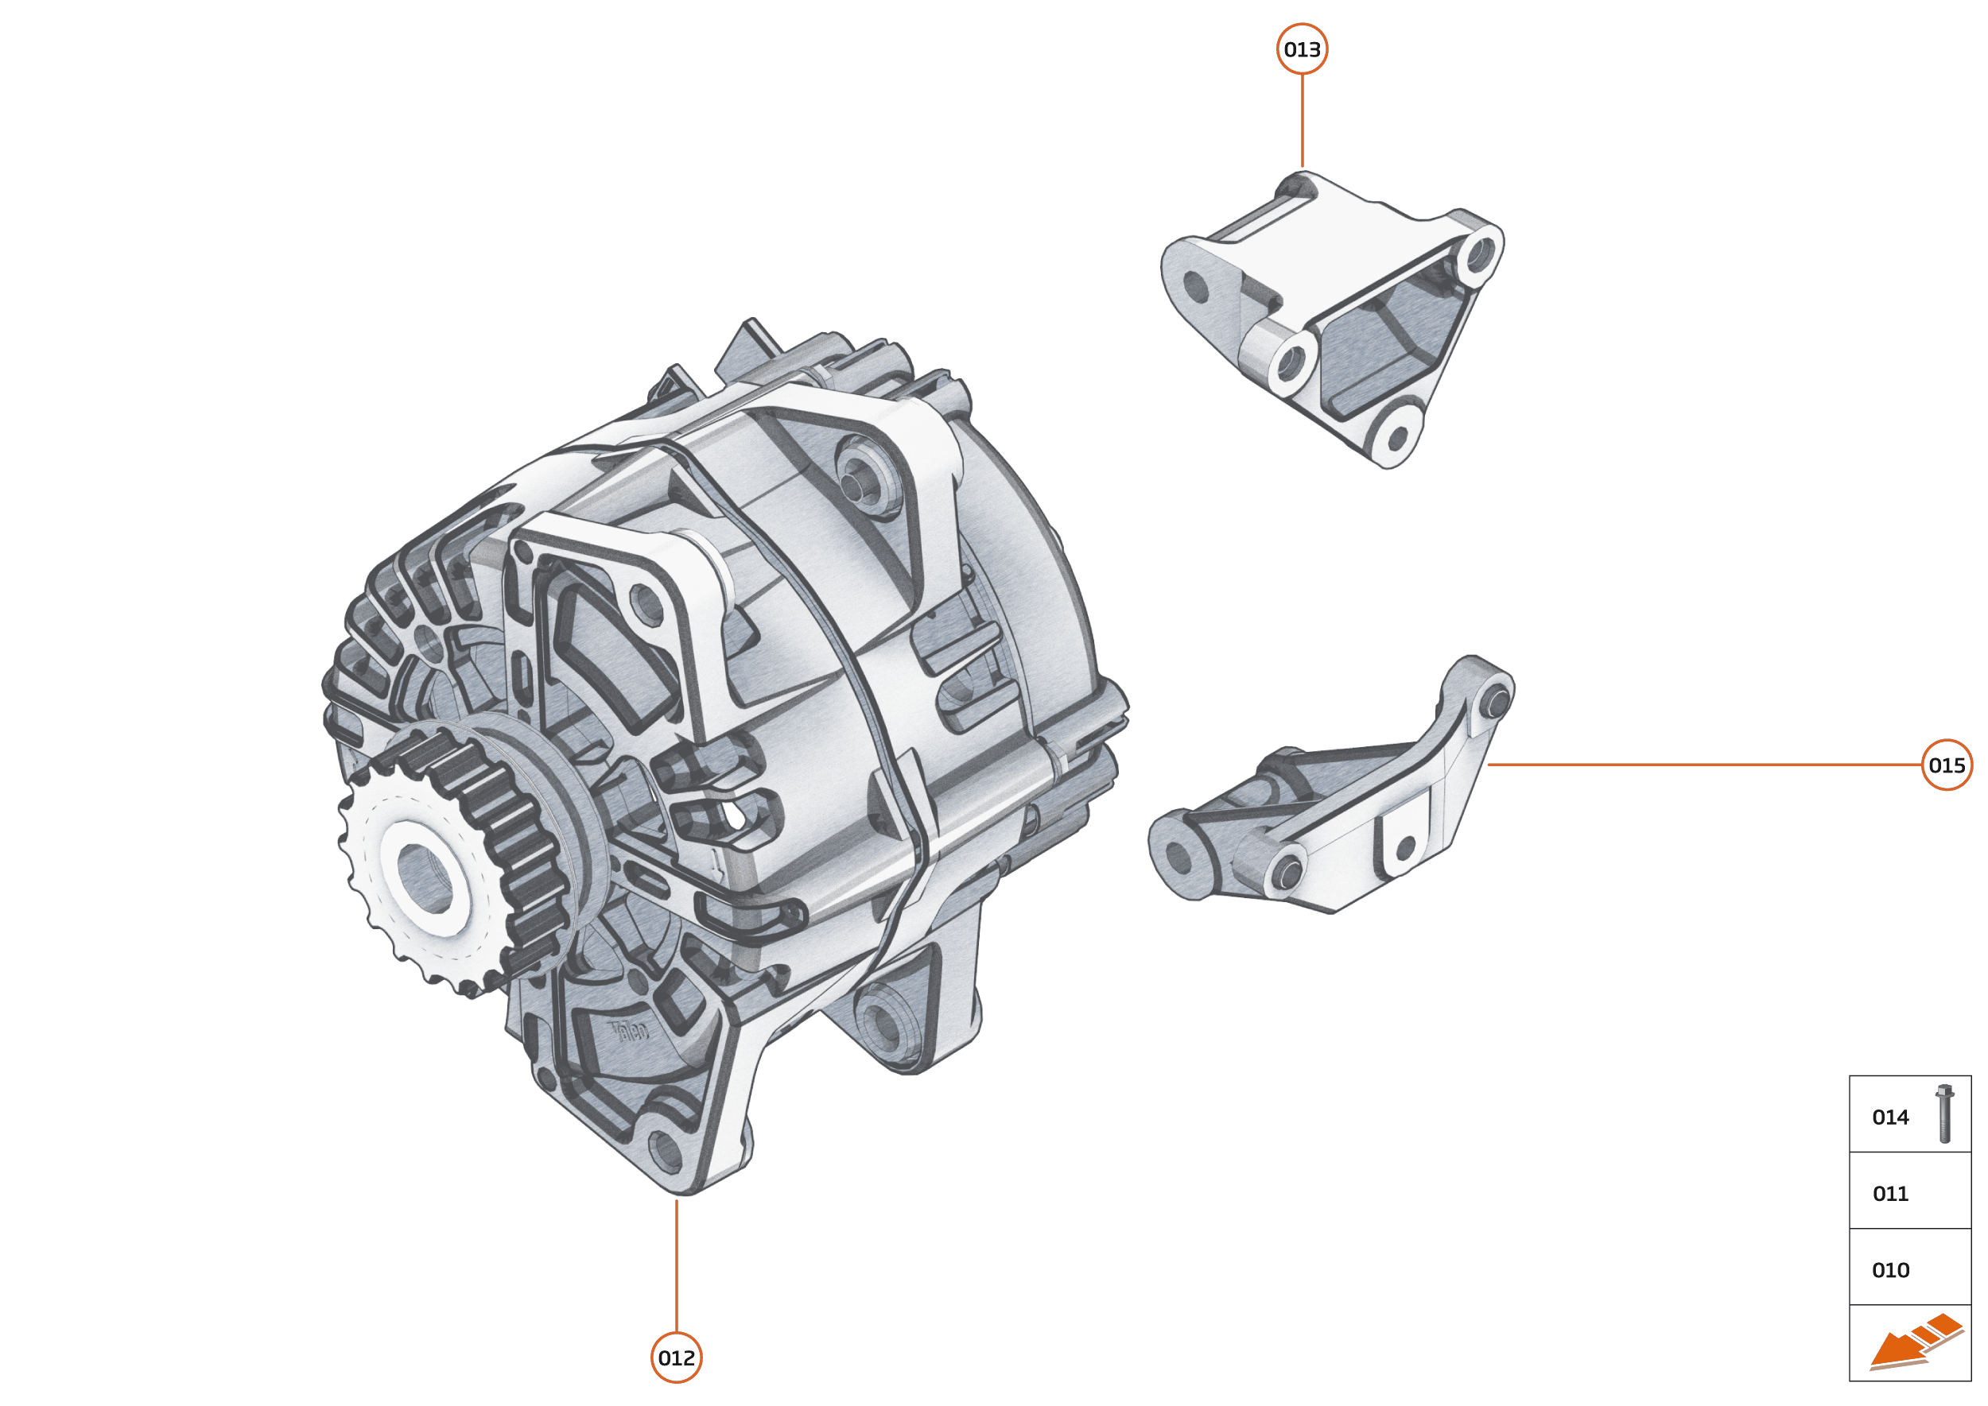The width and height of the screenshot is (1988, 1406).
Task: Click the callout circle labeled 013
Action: click(1302, 49)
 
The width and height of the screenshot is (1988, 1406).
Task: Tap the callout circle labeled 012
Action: click(676, 1358)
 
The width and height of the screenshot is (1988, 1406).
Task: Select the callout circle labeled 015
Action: click(1947, 765)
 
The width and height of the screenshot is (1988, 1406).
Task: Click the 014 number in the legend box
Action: click(1890, 1117)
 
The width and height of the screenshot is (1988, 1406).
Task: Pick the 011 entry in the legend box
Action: click(1890, 1194)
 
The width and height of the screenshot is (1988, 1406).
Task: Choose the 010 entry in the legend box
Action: click(1890, 1270)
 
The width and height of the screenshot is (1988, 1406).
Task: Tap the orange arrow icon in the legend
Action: click(1914, 1342)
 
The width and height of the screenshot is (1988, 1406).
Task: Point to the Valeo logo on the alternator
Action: click(630, 1031)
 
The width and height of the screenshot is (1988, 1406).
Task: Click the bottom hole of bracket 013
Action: click(1397, 438)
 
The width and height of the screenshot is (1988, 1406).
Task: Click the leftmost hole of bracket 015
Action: click(1178, 856)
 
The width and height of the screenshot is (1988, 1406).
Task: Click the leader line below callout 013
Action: click(1302, 121)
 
